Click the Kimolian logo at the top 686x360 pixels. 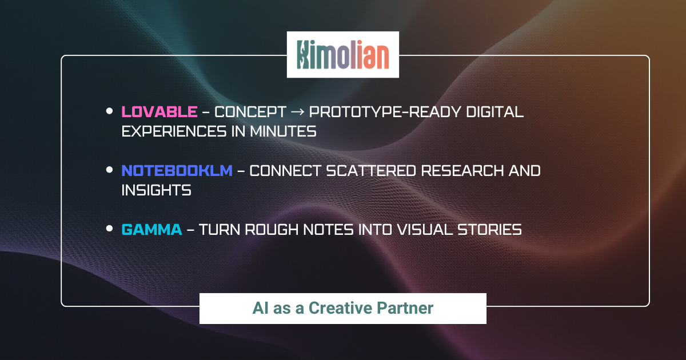coord(342,55)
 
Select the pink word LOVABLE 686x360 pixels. coord(159,112)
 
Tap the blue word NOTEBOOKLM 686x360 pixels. coord(177,170)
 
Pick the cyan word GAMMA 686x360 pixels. coord(152,230)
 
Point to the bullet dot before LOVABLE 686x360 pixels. coord(109,112)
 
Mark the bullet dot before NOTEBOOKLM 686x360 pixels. coord(109,170)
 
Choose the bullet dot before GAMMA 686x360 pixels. coord(109,229)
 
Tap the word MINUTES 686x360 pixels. coord(283,131)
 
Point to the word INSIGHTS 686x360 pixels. coord(156,190)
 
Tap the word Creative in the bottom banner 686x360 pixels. coord(340,308)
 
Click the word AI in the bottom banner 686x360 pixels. coord(260,308)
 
